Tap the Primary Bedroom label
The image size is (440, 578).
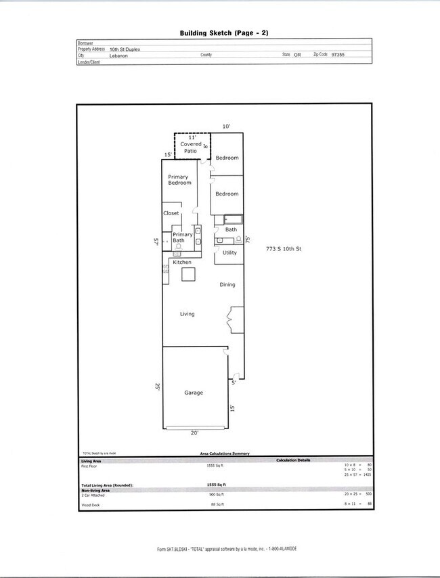pyautogui.click(x=179, y=179)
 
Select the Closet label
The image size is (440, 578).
pyautogui.click(x=171, y=213)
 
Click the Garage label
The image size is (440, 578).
pyautogui.click(x=194, y=393)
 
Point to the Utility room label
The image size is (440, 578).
pyautogui.click(x=229, y=252)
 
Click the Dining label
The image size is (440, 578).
pyautogui.click(x=227, y=285)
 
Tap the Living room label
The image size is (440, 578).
pyautogui.click(x=187, y=314)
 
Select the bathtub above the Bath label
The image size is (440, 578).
pyautogui.click(x=232, y=219)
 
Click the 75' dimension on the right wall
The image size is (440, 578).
pyautogui.click(x=248, y=239)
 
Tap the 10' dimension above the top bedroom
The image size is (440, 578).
pyautogui.click(x=227, y=127)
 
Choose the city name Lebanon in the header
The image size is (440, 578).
pyautogui.click(x=119, y=55)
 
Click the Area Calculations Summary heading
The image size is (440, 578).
pyautogui.click(x=225, y=453)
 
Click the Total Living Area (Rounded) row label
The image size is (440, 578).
pyautogui.click(x=108, y=485)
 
